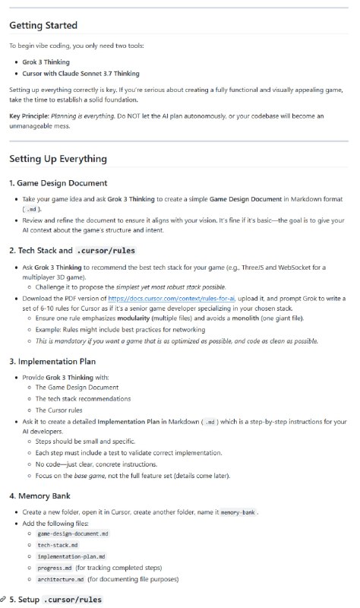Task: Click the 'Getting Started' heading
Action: tap(43, 25)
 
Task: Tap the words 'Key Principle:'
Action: tap(30, 116)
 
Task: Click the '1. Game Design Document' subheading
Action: tap(58, 183)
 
